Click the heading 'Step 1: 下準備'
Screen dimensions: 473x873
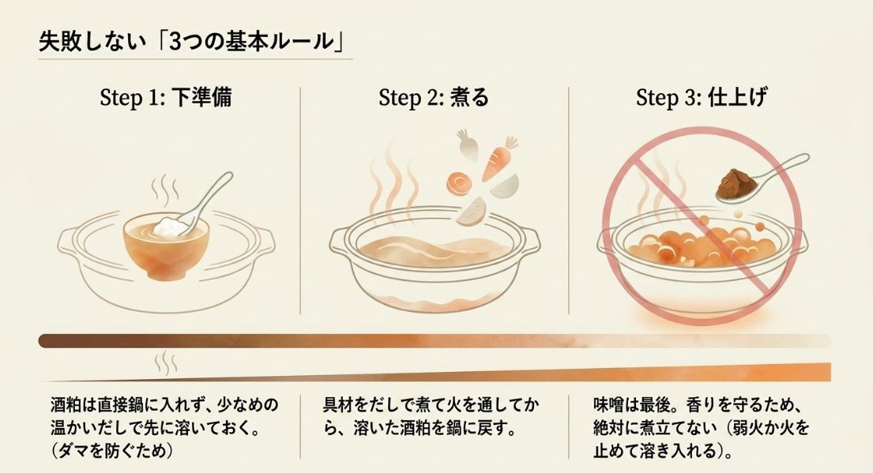165,98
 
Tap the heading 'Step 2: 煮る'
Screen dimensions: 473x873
434,98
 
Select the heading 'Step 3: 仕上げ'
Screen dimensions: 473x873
701,98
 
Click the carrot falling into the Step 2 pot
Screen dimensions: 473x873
499,160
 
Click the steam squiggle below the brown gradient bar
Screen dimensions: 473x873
166,362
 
